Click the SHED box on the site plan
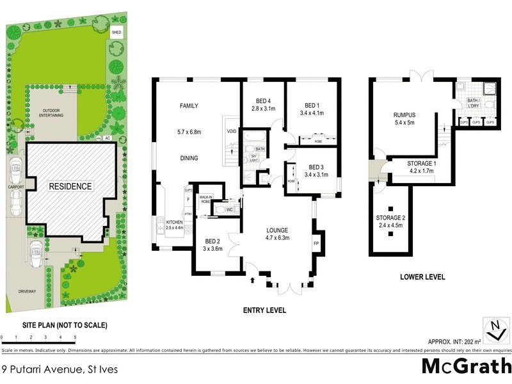(x=116, y=32)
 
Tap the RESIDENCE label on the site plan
(x=71, y=187)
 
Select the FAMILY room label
(x=189, y=106)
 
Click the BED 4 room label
(x=262, y=101)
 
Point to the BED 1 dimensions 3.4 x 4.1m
(x=312, y=113)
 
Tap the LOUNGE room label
(x=277, y=230)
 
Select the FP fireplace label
(x=316, y=243)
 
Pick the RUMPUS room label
(x=404, y=116)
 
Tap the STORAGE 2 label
(x=390, y=218)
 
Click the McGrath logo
(x=465, y=366)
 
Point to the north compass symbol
(x=493, y=330)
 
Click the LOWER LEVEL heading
(x=424, y=278)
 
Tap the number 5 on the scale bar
(x=75, y=337)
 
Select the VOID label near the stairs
(x=232, y=132)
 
